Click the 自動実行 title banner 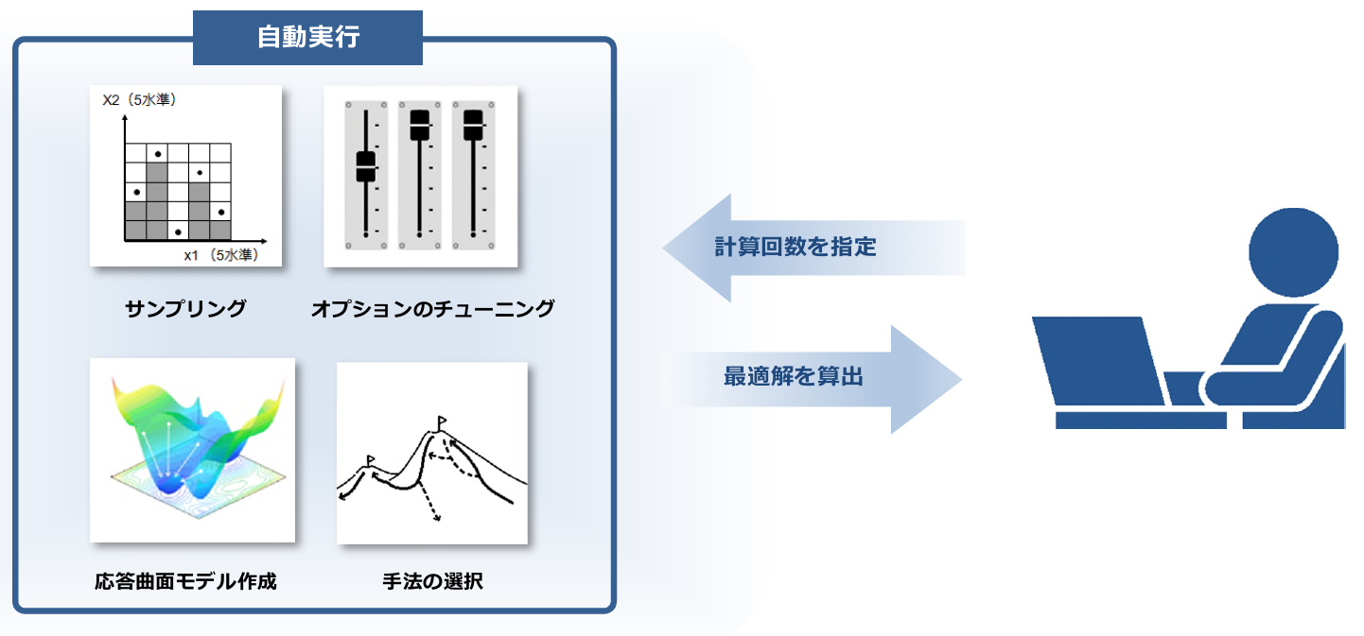pos(307,37)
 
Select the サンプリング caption pos(185,309)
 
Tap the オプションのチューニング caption pos(433,309)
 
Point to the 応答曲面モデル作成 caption pos(185,581)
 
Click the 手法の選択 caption pos(433,581)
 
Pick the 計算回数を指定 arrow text pos(796,247)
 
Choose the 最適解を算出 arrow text pos(794,376)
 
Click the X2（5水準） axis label pos(139,99)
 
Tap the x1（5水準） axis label pos(221,255)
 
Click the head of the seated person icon pos(1293,252)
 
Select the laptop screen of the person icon pos(1099,360)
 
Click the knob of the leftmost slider pos(366,166)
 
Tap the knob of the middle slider pos(420,125)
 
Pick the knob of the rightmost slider pos(473,125)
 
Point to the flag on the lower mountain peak pos(370,460)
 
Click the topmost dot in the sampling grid pos(158,154)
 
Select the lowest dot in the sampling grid pos(178,232)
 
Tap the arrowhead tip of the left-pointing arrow pos(662,248)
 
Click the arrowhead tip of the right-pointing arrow pos(962,379)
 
